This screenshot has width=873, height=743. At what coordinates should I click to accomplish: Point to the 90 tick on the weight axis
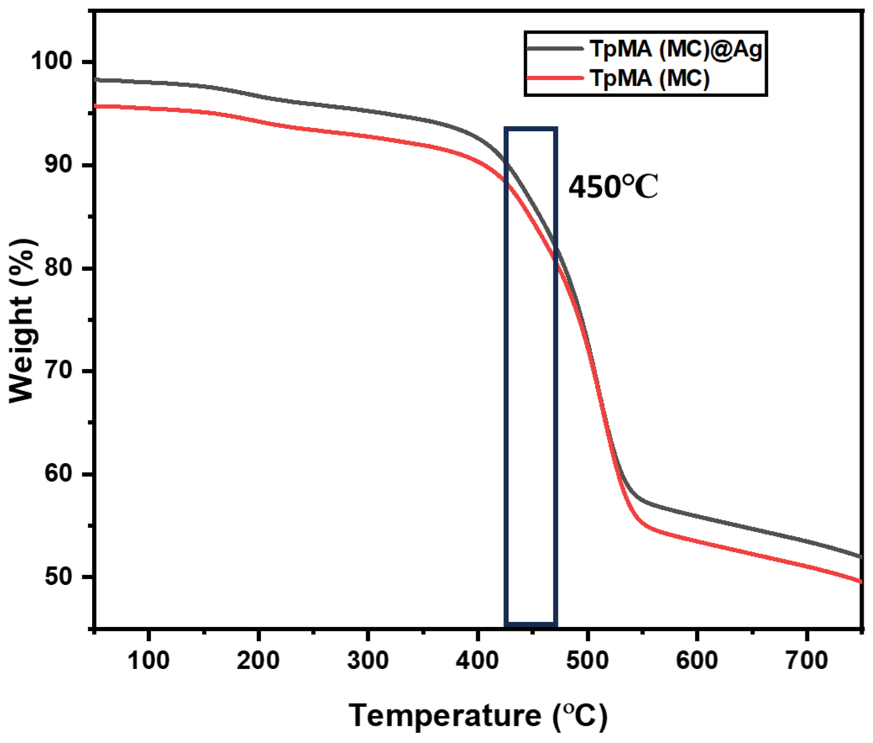tap(58, 164)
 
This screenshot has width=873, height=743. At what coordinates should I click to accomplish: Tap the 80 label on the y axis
tap(58, 268)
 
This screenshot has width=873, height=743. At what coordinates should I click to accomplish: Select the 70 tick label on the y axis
tap(58, 371)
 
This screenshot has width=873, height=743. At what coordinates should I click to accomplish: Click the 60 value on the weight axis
tap(58, 474)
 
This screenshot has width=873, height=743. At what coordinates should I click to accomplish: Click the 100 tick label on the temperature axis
tap(148, 660)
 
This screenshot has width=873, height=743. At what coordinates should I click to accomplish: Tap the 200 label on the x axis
tap(258, 660)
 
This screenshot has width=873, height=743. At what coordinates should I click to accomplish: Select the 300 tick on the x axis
tap(368, 660)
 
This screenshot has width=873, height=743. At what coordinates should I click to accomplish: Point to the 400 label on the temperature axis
tap(477, 660)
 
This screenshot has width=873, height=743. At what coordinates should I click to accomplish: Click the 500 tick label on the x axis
tap(587, 660)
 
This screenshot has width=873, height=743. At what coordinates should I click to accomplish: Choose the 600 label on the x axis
tap(696, 660)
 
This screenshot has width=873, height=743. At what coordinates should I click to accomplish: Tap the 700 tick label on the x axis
tap(806, 660)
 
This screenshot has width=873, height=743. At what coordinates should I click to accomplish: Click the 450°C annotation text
tap(613, 187)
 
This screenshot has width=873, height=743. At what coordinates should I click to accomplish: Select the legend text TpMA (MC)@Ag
tap(675, 50)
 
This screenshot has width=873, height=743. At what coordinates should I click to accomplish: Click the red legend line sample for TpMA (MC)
tap(555, 78)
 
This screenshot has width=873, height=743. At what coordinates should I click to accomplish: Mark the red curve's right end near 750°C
tap(860, 582)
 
